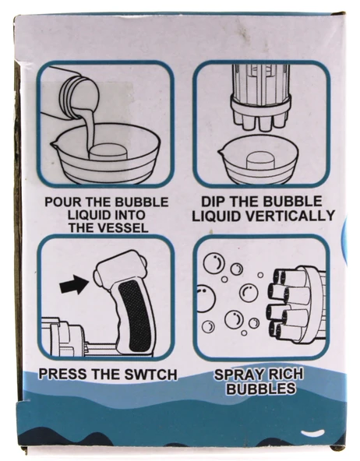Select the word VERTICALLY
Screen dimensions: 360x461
point(290,216)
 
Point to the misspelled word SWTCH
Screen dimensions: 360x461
point(151,375)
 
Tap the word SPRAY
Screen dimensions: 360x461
point(235,375)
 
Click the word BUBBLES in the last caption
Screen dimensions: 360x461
point(260,389)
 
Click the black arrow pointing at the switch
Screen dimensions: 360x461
point(74,284)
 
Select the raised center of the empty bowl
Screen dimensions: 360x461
point(261,161)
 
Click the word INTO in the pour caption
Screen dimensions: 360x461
point(130,215)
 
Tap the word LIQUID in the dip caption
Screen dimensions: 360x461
point(216,216)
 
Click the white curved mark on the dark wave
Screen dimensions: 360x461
point(313,433)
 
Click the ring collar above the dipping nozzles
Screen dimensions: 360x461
point(260,104)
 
